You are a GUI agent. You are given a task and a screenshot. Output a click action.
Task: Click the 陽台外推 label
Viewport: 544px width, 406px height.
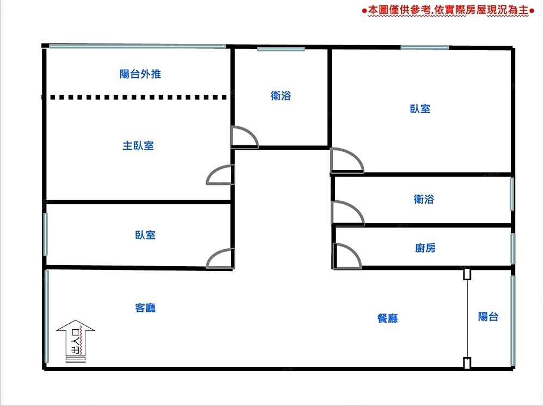click(140, 75)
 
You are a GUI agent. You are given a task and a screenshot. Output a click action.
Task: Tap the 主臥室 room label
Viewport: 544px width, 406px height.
click(138, 146)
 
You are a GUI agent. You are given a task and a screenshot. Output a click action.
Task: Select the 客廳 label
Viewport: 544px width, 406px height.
click(145, 307)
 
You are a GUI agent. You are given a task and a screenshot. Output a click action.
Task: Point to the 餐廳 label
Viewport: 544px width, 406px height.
click(387, 318)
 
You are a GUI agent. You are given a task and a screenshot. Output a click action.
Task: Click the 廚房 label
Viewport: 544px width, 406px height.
click(425, 248)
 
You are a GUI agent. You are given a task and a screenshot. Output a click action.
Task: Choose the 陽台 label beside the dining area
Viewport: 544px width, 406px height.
click(488, 317)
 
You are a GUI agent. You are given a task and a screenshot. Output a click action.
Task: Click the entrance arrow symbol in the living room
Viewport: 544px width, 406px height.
click(76, 341)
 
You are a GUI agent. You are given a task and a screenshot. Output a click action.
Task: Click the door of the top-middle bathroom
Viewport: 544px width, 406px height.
click(244, 137)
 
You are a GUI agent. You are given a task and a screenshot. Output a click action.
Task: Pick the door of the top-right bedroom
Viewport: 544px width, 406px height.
click(345, 161)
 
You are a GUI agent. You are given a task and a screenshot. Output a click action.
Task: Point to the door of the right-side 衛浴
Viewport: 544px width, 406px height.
click(347, 213)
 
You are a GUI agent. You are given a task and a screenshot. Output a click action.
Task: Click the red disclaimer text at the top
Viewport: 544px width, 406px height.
click(445, 10)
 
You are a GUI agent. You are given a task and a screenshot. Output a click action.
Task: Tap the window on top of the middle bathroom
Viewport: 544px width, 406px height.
click(280, 50)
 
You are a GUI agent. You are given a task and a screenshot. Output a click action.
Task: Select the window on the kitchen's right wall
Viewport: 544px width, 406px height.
click(512, 248)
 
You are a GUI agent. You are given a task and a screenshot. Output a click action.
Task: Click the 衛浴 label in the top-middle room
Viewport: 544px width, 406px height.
click(281, 96)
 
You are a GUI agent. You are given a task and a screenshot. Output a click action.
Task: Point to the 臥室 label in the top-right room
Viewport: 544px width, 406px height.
click(420, 109)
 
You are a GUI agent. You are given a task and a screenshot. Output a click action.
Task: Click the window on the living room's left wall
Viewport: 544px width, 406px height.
click(46, 316)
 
